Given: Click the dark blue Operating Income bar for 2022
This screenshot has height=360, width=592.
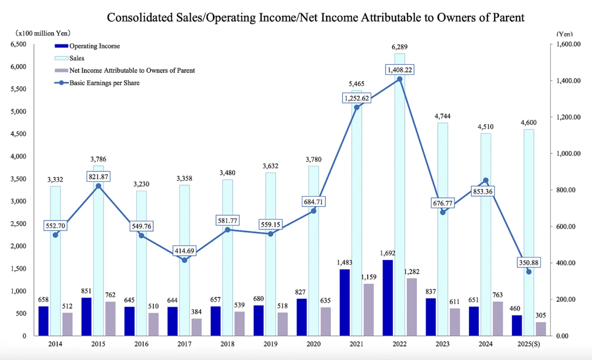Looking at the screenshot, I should pyautogui.click(x=387, y=298).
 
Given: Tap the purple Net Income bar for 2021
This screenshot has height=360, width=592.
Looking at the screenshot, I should pyautogui.click(x=368, y=309).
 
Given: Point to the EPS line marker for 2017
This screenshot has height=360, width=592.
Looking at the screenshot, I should pyautogui.click(x=184, y=260).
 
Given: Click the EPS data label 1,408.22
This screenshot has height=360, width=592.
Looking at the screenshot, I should pyautogui.click(x=400, y=70).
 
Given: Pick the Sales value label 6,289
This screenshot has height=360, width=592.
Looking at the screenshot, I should pyautogui.click(x=399, y=47).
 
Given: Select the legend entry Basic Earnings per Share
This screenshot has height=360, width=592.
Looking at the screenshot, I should pyautogui.click(x=104, y=83).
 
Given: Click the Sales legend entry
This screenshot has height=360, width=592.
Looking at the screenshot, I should pyautogui.click(x=77, y=58).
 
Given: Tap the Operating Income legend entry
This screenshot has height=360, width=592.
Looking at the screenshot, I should pyautogui.click(x=94, y=46).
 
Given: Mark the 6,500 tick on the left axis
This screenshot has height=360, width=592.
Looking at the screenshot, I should pyautogui.click(x=18, y=44).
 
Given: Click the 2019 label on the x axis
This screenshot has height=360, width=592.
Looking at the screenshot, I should pyautogui.click(x=271, y=344).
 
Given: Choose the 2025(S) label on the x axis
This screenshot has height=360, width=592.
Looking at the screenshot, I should pyautogui.click(x=528, y=344).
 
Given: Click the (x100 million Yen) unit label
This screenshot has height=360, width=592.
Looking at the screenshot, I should pyautogui.click(x=43, y=33).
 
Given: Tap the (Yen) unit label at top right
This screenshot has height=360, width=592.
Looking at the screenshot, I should pyautogui.click(x=564, y=34).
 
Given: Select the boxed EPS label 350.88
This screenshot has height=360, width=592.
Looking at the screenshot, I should pyautogui.click(x=528, y=263).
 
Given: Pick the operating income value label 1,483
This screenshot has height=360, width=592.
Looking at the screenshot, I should pyautogui.click(x=344, y=263).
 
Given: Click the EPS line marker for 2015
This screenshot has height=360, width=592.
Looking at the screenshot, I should pyautogui.click(x=98, y=186).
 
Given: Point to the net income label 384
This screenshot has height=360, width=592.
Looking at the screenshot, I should pyautogui.click(x=196, y=312).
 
